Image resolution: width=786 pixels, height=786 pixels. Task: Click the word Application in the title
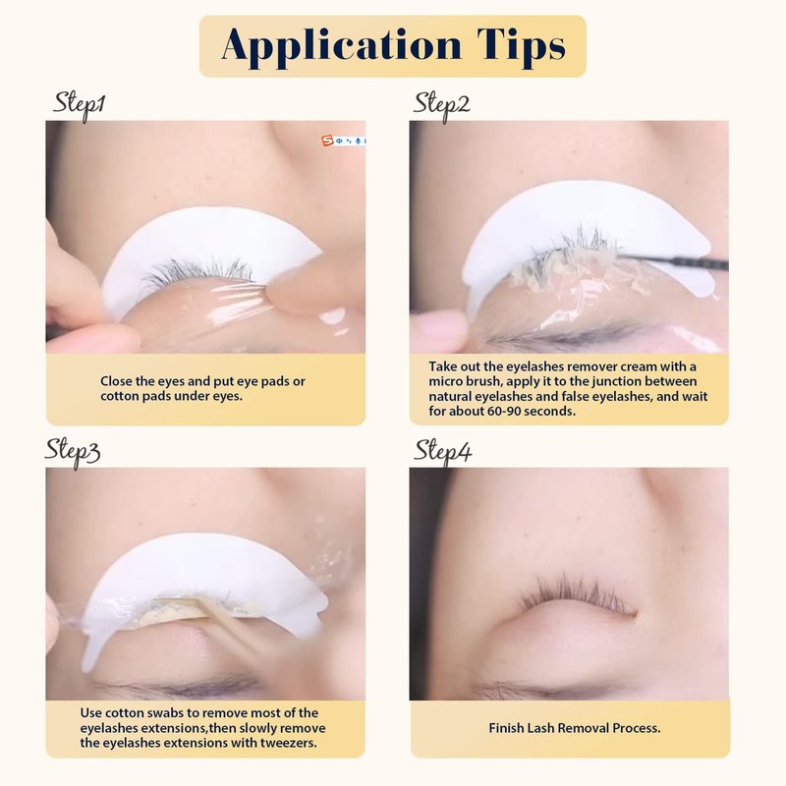click(x=341, y=46)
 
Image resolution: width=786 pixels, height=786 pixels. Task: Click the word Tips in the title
click(x=522, y=45)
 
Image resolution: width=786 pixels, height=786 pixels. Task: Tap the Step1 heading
click(x=80, y=106)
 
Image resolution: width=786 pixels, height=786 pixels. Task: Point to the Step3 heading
click(x=73, y=453)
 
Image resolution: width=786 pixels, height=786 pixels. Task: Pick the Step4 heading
click(x=442, y=452)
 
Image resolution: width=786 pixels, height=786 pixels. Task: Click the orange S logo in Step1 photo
click(x=328, y=140)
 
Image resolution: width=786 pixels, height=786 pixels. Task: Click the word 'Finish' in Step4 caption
click(x=506, y=728)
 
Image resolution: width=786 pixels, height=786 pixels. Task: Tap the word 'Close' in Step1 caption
click(x=116, y=381)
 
